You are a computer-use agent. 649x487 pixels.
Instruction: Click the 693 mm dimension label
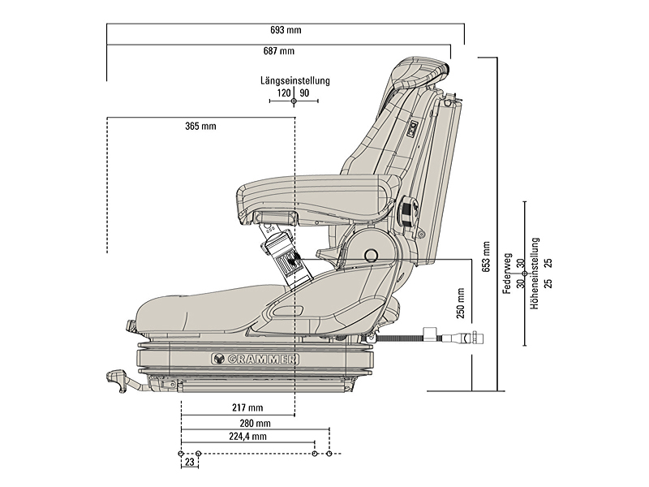[286, 31]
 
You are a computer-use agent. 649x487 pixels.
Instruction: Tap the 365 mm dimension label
[200, 126]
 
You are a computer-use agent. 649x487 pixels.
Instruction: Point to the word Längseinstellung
[294, 81]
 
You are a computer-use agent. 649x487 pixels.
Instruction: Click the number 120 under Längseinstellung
[284, 93]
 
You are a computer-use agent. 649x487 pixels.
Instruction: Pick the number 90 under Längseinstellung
[304, 93]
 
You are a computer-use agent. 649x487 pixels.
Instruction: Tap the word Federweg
[507, 274]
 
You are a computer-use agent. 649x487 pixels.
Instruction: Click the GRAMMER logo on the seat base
[256, 358]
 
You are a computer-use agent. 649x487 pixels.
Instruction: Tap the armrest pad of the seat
[308, 192]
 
